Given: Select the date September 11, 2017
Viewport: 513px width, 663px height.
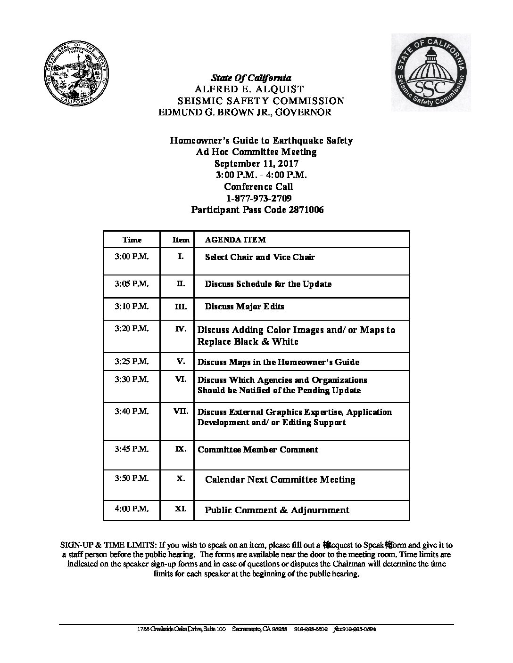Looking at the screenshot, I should [x=256, y=164].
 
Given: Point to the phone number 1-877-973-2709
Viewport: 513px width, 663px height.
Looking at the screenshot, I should [x=258, y=198].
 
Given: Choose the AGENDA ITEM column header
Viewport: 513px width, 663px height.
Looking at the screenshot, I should [x=235, y=240].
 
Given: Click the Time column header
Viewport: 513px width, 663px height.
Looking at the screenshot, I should [x=132, y=240].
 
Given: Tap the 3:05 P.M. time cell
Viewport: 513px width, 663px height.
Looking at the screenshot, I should [x=132, y=283].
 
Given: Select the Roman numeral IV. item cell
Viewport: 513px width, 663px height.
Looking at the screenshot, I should [x=181, y=329].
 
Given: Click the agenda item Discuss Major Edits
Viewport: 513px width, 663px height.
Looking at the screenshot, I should [x=244, y=307].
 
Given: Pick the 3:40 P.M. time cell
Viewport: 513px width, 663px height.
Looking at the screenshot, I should [x=132, y=411].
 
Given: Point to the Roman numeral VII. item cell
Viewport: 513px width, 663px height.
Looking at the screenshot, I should [x=181, y=411].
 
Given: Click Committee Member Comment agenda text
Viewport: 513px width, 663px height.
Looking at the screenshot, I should [x=257, y=450].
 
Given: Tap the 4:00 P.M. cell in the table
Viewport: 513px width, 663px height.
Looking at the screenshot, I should [x=132, y=509].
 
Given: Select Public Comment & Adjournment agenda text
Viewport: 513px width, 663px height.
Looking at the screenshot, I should [x=277, y=510].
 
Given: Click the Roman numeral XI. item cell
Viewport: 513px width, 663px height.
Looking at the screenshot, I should [x=181, y=509].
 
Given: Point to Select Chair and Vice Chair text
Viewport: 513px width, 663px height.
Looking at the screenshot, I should [x=260, y=257].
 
